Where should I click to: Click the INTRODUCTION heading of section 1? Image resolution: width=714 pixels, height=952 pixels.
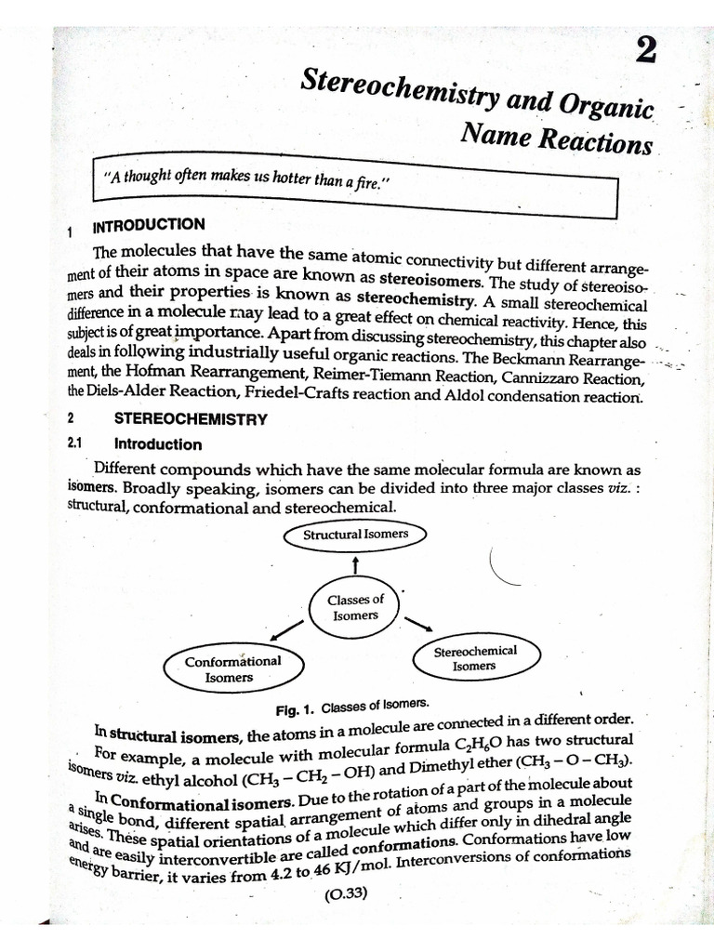[148, 225]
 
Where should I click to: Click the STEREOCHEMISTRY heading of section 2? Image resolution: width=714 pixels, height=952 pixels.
[191, 418]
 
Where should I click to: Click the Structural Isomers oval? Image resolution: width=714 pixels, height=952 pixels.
[355, 535]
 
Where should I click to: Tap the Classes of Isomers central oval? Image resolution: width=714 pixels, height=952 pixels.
[355, 607]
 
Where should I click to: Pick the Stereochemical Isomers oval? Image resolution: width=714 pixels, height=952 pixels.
[474, 658]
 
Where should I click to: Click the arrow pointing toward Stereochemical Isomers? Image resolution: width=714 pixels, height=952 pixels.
[419, 623]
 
